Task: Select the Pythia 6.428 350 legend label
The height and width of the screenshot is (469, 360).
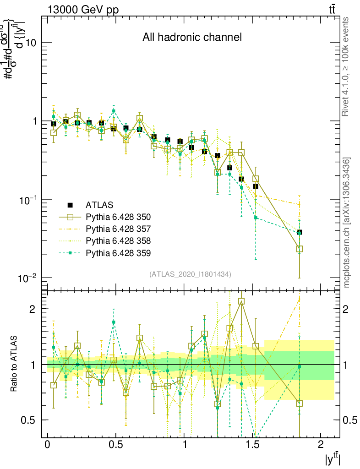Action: (x=118, y=217)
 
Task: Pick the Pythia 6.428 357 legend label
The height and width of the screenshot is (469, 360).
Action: (x=118, y=229)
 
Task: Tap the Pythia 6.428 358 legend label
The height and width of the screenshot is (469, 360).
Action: (x=118, y=240)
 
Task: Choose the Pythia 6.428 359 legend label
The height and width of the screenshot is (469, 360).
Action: (x=118, y=252)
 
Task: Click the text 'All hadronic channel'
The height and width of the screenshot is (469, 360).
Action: (x=192, y=37)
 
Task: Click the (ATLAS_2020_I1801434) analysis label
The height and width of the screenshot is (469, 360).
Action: (x=190, y=274)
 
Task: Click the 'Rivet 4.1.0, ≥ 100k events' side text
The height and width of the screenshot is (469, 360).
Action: (x=346, y=66)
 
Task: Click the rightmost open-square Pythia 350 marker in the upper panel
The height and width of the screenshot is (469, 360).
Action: (x=300, y=249)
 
